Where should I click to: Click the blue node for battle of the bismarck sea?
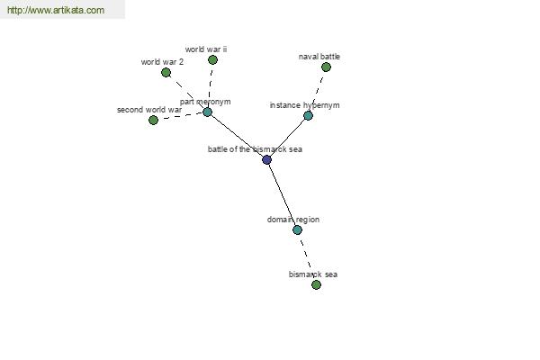click(266, 159)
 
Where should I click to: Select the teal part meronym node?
click(207, 112)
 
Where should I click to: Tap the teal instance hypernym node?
click(308, 115)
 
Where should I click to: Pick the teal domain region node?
click(297, 229)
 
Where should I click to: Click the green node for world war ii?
click(212, 60)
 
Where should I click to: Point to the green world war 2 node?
click(166, 72)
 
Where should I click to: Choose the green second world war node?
click(153, 120)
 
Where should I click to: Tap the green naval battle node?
click(326, 67)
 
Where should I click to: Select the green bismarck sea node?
click(316, 285)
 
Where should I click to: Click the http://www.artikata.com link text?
click(56, 10)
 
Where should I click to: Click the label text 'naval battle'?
click(319, 57)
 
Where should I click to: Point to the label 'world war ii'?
click(206, 49)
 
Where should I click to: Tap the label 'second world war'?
click(149, 110)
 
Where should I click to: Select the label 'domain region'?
click(293, 220)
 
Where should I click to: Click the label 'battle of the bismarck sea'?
click(255, 149)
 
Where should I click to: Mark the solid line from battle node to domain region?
click(283, 195)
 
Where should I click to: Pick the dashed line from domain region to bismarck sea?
click(307, 257)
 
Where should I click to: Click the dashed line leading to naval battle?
click(317, 91)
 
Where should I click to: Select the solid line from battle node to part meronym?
click(237, 136)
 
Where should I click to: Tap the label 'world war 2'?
click(162, 62)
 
